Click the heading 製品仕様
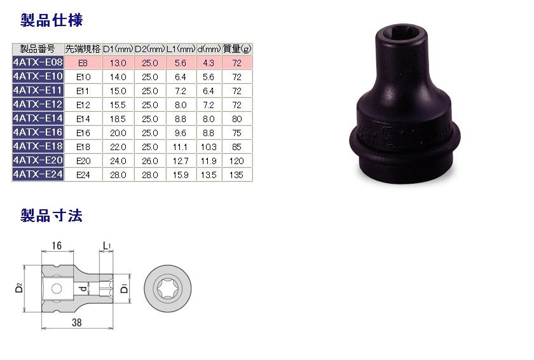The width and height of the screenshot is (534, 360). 51,20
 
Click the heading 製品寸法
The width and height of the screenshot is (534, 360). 51,216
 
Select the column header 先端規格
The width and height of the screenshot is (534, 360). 83,49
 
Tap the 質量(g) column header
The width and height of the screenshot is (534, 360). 237,49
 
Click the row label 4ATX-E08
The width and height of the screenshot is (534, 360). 38,62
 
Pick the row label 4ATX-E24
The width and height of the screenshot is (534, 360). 38,174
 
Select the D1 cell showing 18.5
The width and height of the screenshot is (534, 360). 118,119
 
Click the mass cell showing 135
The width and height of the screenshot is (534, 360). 236,175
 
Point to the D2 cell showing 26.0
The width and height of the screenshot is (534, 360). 150,161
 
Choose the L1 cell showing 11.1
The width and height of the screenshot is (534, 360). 180,147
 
